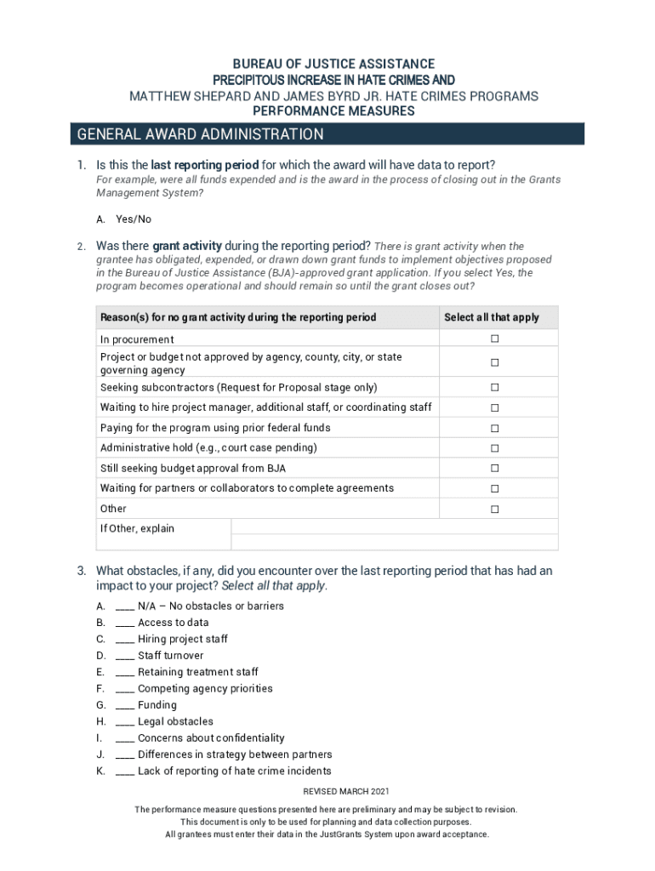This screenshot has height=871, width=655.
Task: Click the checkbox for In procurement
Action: tap(494, 339)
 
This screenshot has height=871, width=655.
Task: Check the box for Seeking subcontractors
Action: tap(494, 388)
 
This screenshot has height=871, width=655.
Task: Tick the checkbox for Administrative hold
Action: tap(494, 448)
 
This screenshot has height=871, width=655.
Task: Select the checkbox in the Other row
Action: tap(494, 510)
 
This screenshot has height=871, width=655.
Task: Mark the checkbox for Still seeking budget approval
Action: tap(494, 469)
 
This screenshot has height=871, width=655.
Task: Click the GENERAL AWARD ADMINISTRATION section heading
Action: tap(201, 134)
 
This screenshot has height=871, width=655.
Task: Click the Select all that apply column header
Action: tap(492, 317)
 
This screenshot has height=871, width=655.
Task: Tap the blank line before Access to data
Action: tap(124, 623)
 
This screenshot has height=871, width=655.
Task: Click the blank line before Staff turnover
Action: tap(124, 657)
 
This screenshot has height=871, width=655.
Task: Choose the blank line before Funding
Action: tap(124, 706)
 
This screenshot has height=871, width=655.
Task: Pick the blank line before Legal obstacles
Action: tap(124, 722)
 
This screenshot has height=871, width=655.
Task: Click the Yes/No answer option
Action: tap(134, 219)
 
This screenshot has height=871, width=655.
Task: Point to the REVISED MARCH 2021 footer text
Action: tap(327, 791)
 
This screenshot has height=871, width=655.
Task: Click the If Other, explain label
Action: tap(137, 529)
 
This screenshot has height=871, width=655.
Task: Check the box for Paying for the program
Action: tap(494, 429)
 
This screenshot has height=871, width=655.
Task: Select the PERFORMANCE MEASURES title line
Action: tap(334, 111)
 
